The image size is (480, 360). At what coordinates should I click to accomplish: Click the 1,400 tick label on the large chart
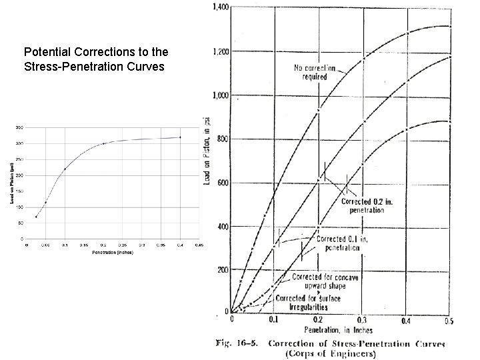pyautogui.click(x=220, y=7)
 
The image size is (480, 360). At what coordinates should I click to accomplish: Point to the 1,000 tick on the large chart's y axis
pyautogui.click(x=220, y=95)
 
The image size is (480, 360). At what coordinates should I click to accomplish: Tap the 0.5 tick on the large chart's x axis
pyautogui.click(x=449, y=321)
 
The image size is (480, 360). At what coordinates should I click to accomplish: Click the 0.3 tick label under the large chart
pyautogui.click(x=362, y=321)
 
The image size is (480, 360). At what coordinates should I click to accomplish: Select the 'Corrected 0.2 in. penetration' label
pyautogui.click(x=363, y=205)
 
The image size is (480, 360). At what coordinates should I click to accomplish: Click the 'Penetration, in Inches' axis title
pyautogui.click(x=338, y=330)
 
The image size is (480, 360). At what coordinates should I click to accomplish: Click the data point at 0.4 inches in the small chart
pyautogui.click(x=179, y=137)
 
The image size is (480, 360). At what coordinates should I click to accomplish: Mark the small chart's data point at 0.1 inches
pyautogui.click(x=65, y=169)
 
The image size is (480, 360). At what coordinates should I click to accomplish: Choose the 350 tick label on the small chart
pyautogui.click(x=20, y=127)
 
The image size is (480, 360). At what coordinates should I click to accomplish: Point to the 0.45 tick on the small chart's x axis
pyautogui.click(x=199, y=245)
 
